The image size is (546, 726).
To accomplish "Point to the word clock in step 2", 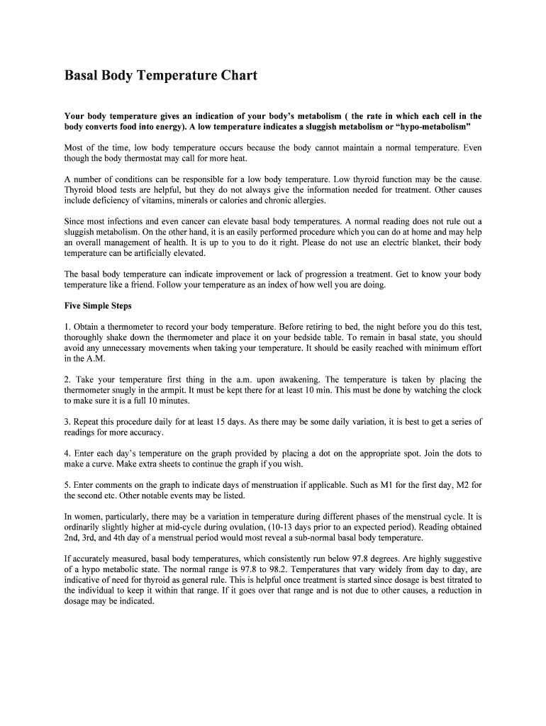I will click(x=472, y=390).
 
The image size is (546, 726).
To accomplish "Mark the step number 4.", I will click(x=67, y=453).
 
